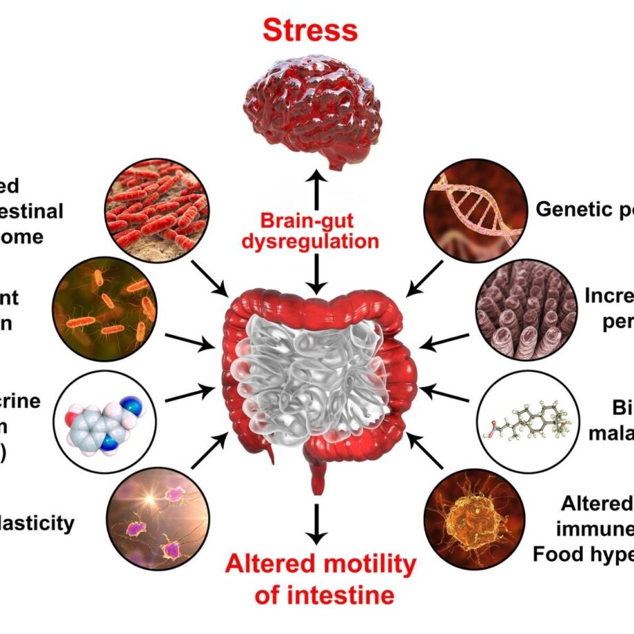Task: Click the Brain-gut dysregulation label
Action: pyautogui.click(x=319, y=232)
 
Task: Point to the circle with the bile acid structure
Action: pyautogui.click(x=526, y=420)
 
